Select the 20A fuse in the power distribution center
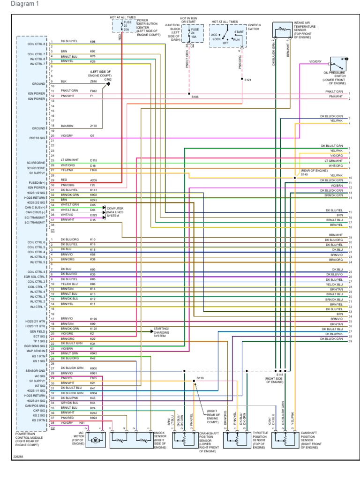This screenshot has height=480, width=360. (123, 25)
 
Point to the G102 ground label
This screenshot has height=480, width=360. (108, 80)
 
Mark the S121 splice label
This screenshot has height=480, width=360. (248, 80)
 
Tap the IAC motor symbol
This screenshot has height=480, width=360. (96, 440)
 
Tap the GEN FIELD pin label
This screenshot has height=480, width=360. (39, 331)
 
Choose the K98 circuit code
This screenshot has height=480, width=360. (93, 41)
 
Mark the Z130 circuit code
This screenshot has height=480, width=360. (93, 126)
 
